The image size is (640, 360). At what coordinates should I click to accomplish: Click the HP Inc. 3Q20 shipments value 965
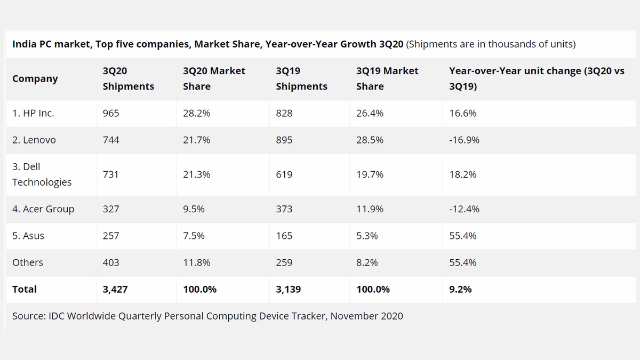click(x=111, y=113)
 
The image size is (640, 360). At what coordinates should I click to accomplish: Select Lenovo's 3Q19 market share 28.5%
click(x=370, y=140)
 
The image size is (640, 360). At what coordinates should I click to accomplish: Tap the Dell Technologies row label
click(x=42, y=174)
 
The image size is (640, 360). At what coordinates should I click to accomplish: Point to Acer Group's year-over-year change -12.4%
click(x=464, y=209)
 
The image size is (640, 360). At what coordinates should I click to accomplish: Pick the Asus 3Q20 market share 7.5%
click(x=194, y=236)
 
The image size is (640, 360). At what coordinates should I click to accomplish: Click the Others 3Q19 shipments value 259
click(x=284, y=262)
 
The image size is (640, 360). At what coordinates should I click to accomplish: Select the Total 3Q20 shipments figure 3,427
click(x=115, y=289)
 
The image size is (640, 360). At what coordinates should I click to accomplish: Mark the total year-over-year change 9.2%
click(x=460, y=289)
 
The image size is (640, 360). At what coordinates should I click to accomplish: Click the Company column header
click(x=35, y=78)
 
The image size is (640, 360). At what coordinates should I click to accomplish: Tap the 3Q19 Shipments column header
click(x=301, y=78)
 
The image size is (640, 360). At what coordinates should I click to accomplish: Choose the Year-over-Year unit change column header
click(x=537, y=78)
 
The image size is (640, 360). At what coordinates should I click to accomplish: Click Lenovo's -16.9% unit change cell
click(x=464, y=140)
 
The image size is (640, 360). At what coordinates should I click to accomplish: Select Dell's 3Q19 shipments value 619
click(x=284, y=174)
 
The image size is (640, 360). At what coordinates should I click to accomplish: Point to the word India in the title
click(x=24, y=44)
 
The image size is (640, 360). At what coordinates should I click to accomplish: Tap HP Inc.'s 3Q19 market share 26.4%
click(x=370, y=113)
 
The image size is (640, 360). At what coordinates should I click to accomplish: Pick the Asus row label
click(x=28, y=236)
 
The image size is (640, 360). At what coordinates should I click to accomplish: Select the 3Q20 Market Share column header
click(x=214, y=78)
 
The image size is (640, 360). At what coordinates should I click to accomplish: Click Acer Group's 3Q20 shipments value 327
click(x=111, y=209)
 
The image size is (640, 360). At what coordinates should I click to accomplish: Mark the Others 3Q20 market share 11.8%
click(x=196, y=262)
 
